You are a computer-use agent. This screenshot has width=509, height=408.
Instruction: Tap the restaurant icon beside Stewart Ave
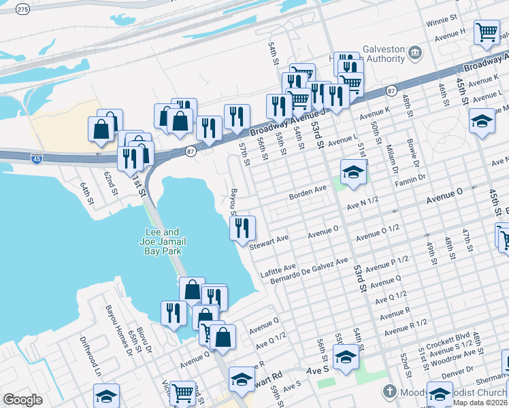242,228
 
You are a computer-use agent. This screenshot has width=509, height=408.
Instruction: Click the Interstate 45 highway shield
37,158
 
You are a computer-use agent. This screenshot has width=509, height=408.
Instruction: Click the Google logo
22,400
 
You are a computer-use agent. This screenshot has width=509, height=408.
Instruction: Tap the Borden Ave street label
308,192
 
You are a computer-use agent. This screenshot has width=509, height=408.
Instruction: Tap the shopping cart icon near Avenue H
487,33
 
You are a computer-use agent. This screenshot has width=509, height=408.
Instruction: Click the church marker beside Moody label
389,391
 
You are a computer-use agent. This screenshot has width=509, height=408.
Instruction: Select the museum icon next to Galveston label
414,52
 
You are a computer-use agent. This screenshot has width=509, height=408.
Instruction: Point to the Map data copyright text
480,402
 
